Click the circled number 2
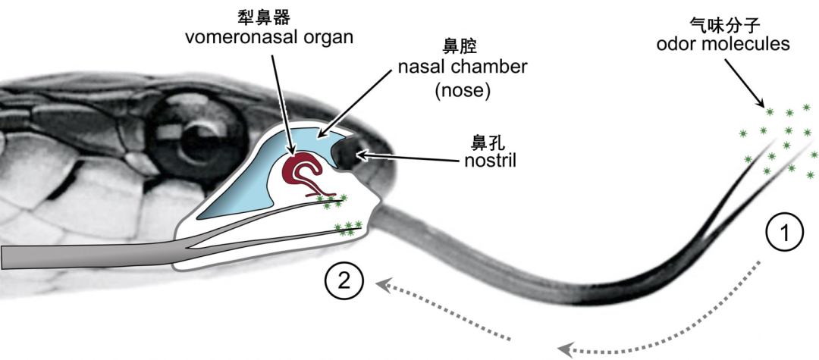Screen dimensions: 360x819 344,282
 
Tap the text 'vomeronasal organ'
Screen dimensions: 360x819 269,37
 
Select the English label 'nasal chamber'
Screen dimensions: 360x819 463,67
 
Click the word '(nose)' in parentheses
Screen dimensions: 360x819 463,90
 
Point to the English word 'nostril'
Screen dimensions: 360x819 490,160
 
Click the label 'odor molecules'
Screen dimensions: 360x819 723,44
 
